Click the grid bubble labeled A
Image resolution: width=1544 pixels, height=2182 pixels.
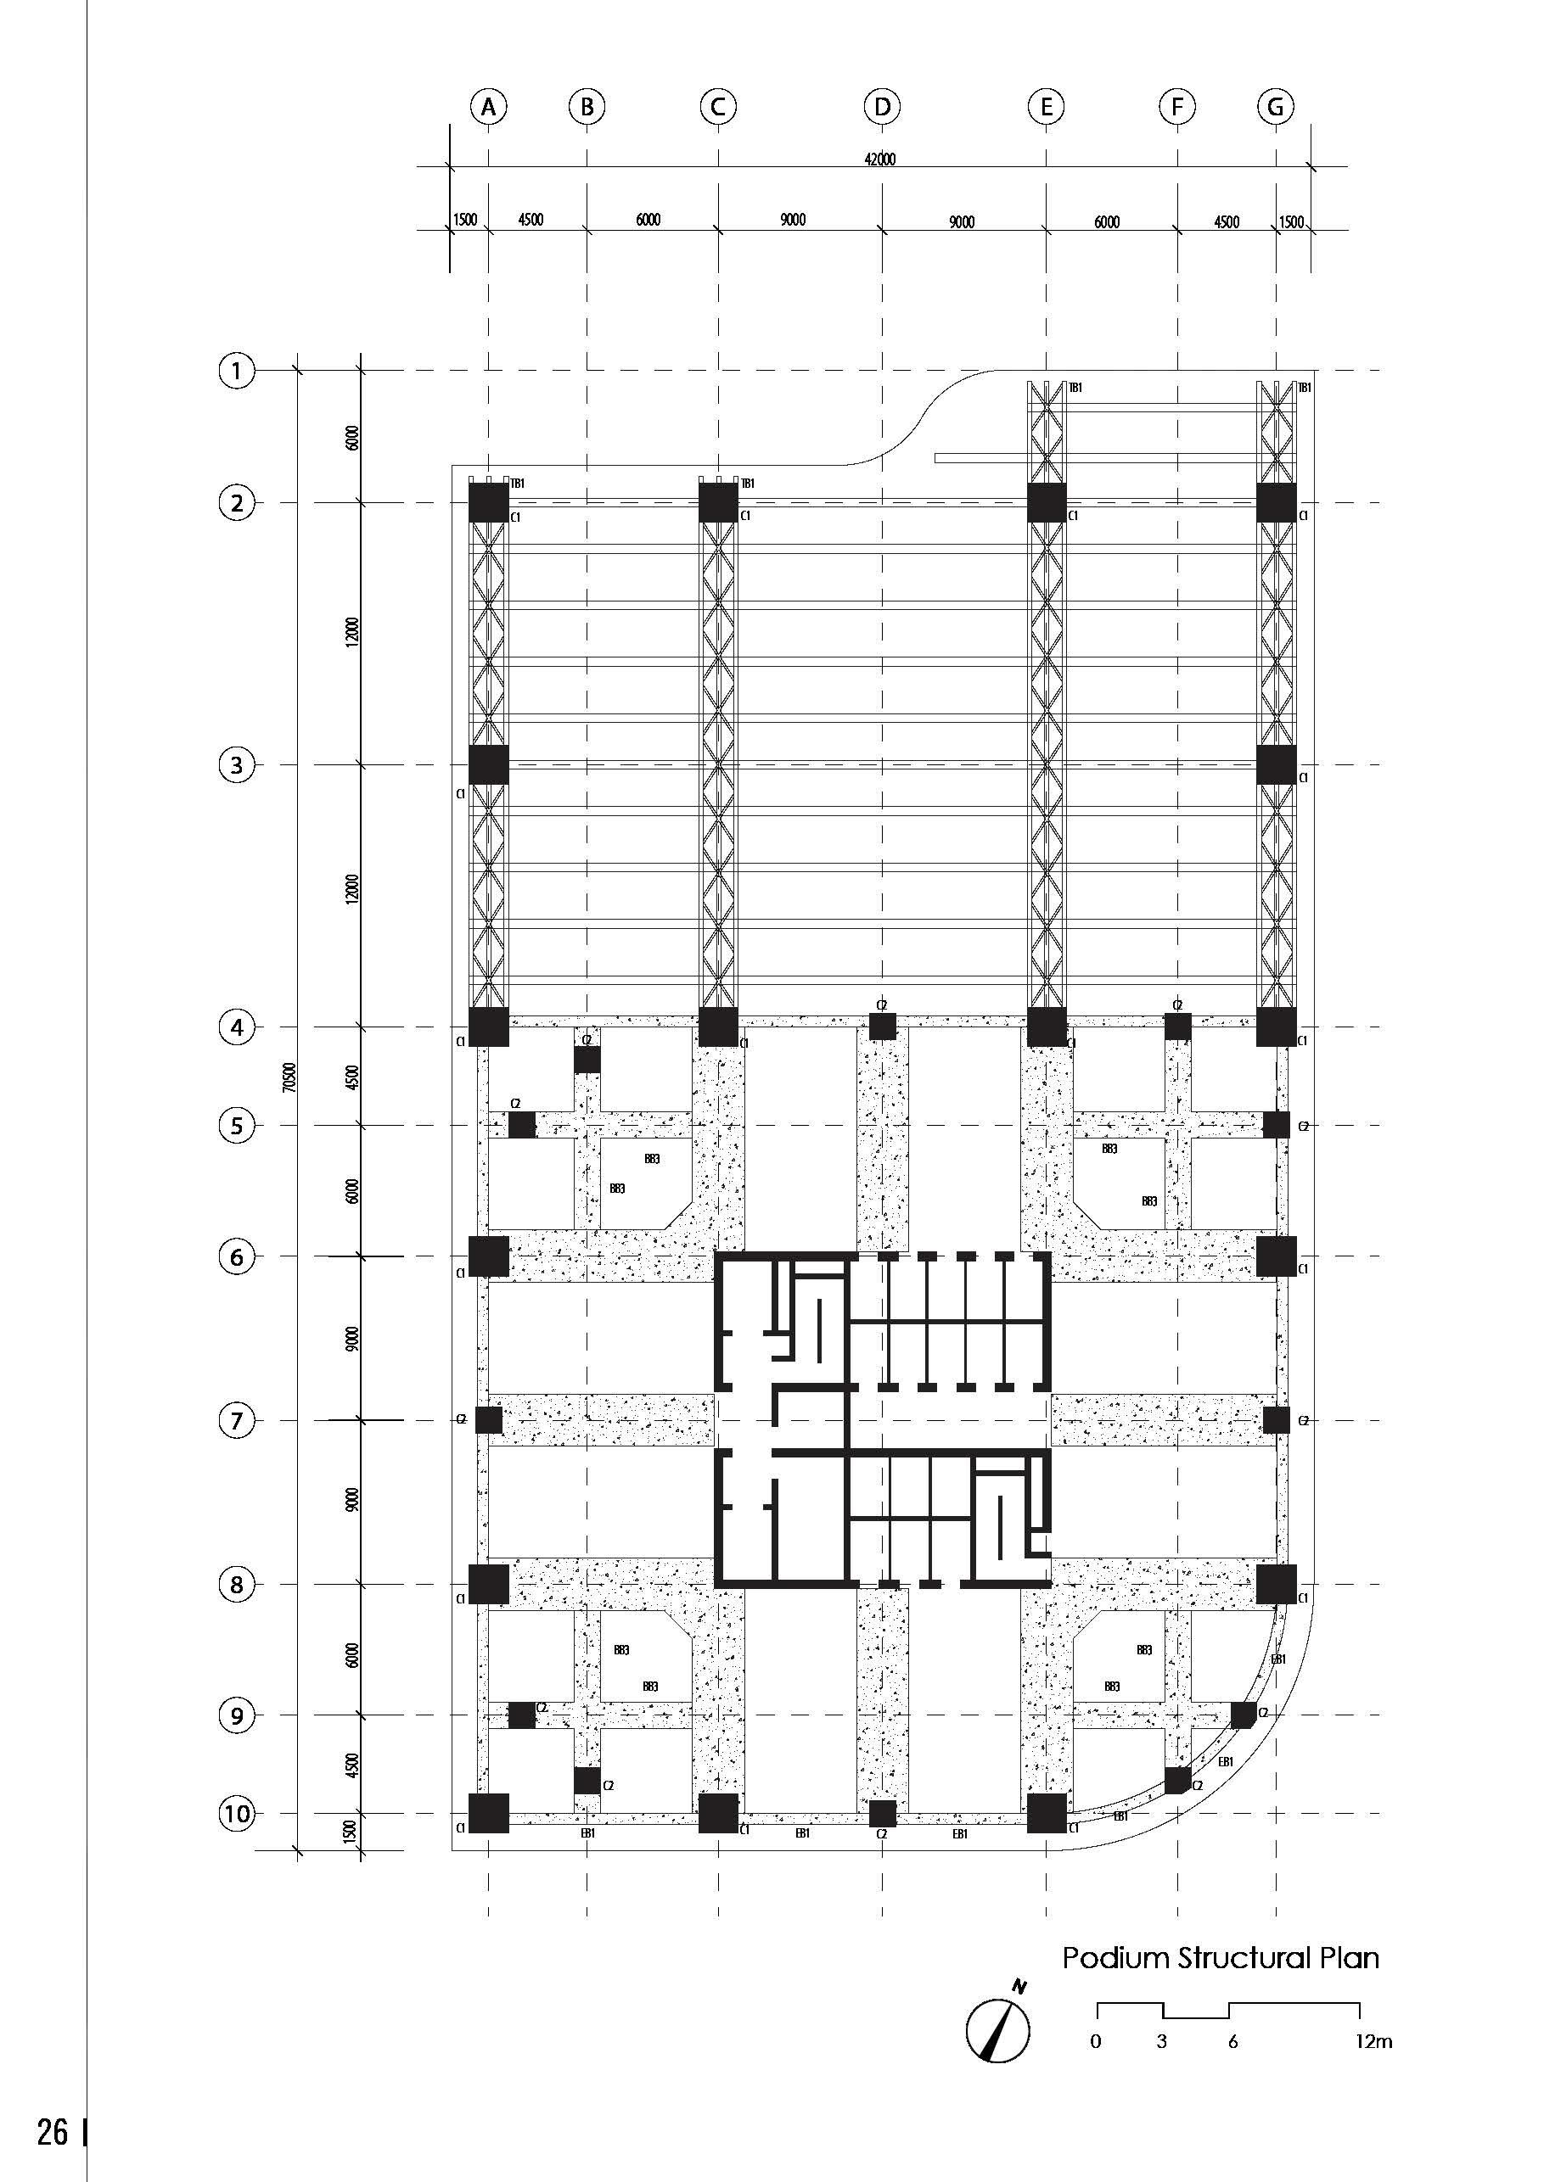[x=489, y=106]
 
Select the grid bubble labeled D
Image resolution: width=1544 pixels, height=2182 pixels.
[x=882, y=106]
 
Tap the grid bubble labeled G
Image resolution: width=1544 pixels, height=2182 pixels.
[x=1276, y=106]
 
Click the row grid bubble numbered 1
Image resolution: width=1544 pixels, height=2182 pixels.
[x=237, y=370]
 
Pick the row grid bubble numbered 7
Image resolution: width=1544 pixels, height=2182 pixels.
[x=237, y=1421]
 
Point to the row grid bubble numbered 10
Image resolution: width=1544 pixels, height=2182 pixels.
[x=237, y=1813]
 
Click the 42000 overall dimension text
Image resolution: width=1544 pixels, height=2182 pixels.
[x=879, y=159]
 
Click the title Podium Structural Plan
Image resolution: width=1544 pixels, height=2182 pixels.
[x=1220, y=1959]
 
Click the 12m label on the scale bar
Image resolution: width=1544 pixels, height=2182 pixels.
[x=1374, y=2041]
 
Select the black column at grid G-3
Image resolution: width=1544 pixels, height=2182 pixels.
[x=1276, y=765]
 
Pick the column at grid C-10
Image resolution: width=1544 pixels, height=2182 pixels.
[x=719, y=1813]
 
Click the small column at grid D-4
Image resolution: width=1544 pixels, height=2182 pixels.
[x=882, y=1027]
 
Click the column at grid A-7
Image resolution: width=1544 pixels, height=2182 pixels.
[x=489, y=1421]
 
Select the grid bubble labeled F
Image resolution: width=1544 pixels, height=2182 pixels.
[x=1177, y=106]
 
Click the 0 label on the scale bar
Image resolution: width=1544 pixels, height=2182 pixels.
[x=1096, y=2041]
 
